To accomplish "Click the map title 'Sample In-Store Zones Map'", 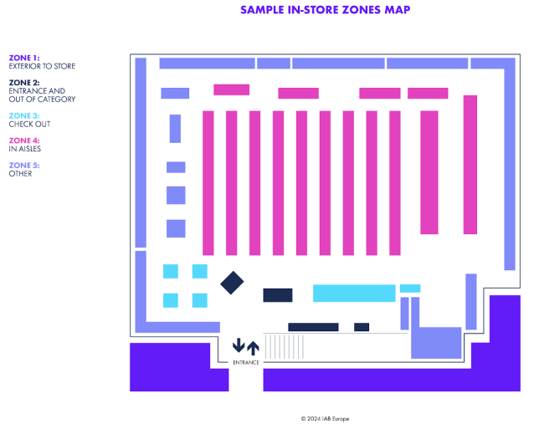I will pos(325,10).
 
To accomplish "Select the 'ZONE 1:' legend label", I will pos(23,58).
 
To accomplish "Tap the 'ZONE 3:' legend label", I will pos(23,115).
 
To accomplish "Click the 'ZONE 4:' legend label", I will pos(23,140).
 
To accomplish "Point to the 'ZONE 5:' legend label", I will pos(23,166).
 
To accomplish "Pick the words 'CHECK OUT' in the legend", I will pos(29,124).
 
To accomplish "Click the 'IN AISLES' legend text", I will pos(26,149).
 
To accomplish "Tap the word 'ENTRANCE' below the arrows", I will pos(245,362).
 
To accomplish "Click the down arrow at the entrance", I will pos(239,345).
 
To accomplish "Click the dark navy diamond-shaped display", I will pos(232,283).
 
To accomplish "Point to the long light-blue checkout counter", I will pos(354,294).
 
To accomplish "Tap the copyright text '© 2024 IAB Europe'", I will pos(325,418).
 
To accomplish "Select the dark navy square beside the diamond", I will pos(277,295).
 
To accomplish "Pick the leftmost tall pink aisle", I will pos(208,182).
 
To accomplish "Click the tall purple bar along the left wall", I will pos(141,151).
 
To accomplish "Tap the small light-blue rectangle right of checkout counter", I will pos(409,289).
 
